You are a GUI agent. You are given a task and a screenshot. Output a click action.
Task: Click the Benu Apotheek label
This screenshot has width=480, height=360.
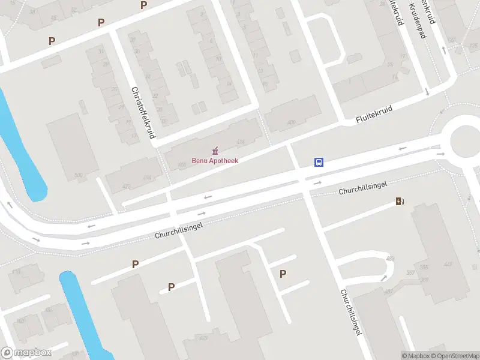pyautogui.click(x=215, y=160)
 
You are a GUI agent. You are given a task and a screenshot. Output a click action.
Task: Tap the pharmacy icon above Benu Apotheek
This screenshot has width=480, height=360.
pyautogui.click(x=215, y=150)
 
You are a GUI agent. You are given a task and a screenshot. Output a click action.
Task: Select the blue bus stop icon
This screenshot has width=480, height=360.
pyautogui.click(x=319, y=162)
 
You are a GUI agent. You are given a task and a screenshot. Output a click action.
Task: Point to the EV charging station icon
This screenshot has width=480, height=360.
pyautogui.click(x=399, y=202)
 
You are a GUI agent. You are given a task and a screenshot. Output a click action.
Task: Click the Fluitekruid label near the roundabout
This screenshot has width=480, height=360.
pyautogui.click(x=373, y=116)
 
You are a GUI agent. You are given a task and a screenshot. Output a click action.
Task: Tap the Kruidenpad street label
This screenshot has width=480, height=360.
pyautogui.click(x=418, y=19)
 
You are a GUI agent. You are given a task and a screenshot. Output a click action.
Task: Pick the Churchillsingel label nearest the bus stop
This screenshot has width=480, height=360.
pyautogui.click(x=362, y=188)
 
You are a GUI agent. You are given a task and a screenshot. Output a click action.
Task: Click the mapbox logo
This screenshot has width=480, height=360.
pyautogui.click(x=26, y=352)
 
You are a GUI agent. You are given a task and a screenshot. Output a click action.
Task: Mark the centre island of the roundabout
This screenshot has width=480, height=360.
pyautogui.click(x=467, y=140)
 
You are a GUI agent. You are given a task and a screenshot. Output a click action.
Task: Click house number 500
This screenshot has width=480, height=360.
pyautogui.click(x=78, y=175)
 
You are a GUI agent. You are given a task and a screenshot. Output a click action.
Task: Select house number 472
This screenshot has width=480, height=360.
pyautogui.click(x=126, y=187)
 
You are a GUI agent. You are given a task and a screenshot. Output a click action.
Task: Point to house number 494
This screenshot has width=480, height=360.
pyautogui.click(x=147, y=178)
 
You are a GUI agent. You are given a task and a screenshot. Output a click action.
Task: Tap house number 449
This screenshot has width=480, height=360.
pyautogui.click(x=448, y=264)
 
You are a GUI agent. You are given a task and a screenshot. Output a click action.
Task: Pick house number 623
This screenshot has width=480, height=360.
pyautogui.click(x=204, y=338)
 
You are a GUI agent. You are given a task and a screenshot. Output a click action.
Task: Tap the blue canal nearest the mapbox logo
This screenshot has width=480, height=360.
pyautogui.click(x=81, y=312)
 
